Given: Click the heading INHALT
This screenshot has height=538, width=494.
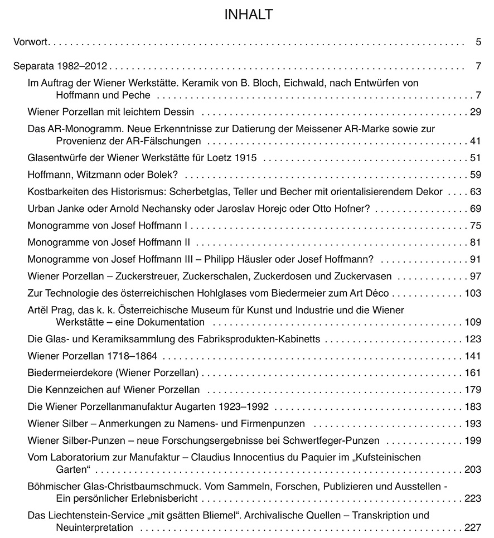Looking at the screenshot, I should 249,14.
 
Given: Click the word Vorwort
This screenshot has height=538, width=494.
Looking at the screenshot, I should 31,42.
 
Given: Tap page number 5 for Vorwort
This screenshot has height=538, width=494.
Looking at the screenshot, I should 478,42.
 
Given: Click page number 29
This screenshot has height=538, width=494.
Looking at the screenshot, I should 475,112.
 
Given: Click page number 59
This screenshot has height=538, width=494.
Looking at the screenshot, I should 475,175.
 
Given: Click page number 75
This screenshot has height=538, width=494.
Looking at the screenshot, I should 475,226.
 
